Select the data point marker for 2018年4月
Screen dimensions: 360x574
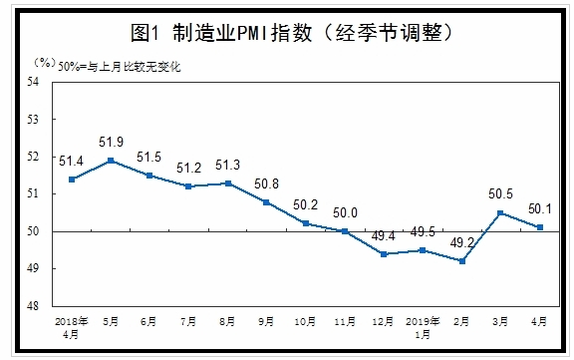click(72, 180)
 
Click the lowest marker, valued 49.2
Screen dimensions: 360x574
click(461, 261)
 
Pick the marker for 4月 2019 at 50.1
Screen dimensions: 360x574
click(539, 227)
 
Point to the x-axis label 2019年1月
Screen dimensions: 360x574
click(422, 328)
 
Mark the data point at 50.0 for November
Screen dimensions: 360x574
click(345, 231)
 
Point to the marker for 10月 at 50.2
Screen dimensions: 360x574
click(306, 223)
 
